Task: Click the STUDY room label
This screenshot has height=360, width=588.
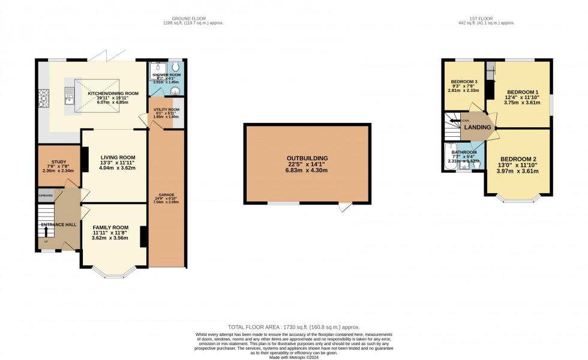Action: pyautogui.click(x=58, y=161)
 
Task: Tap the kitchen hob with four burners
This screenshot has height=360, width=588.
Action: pyautogui.click(x=43, y=98)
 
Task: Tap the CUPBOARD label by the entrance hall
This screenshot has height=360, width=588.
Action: pyautogui.click(x=45, y=196)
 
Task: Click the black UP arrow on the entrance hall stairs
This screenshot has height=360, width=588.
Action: pyautogui.click(x=46, y=232)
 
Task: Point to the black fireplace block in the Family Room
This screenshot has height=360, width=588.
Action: pyautogui.click(x=143, y=236)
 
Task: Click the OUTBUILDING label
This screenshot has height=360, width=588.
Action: pyautogui.click(x=307, y=158)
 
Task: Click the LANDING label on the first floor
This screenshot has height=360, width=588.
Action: pyautogui.click(x=477, y=127)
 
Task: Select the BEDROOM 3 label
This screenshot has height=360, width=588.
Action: pyautogui.click(x=464, y=80)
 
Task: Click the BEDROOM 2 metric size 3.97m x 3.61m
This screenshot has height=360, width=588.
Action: pyautogui.click(x=519, y=171)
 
